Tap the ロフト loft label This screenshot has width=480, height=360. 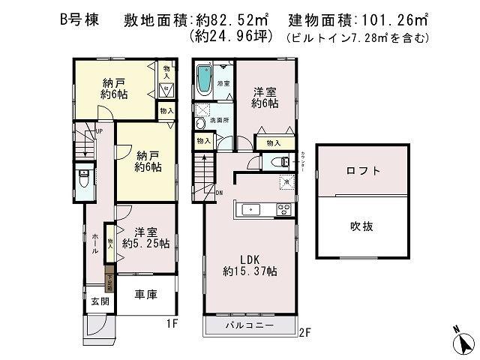(364, 171)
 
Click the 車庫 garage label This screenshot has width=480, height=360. (146, 295)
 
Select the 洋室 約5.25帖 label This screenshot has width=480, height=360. (145, 238)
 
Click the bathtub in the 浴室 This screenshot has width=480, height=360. (204, 79)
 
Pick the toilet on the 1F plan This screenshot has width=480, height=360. (84, 180)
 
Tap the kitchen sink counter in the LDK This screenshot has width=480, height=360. (262, 209)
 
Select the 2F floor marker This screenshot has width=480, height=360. (304, 332)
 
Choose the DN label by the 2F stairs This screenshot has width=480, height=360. (218, 193)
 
